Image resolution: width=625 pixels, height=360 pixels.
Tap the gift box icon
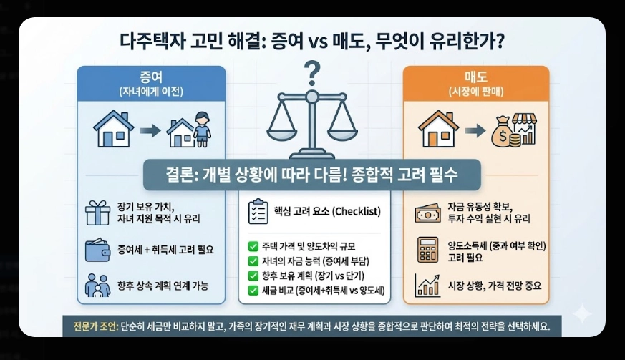97,213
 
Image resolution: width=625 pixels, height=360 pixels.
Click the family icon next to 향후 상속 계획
97,286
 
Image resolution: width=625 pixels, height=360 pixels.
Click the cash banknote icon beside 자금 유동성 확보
427,213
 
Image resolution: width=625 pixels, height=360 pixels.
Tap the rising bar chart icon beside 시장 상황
427,285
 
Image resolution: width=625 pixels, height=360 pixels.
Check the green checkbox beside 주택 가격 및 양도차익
253,247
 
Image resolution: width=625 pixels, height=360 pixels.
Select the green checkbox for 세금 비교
253,290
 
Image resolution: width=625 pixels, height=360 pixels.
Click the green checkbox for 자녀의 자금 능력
253,261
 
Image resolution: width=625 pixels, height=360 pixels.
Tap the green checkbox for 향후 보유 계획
253,276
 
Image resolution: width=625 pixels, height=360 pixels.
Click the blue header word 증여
151,77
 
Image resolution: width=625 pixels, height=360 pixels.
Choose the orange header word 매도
476,77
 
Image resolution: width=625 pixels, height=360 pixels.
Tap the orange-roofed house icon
438,131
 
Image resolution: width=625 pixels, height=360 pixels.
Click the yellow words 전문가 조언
91,325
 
